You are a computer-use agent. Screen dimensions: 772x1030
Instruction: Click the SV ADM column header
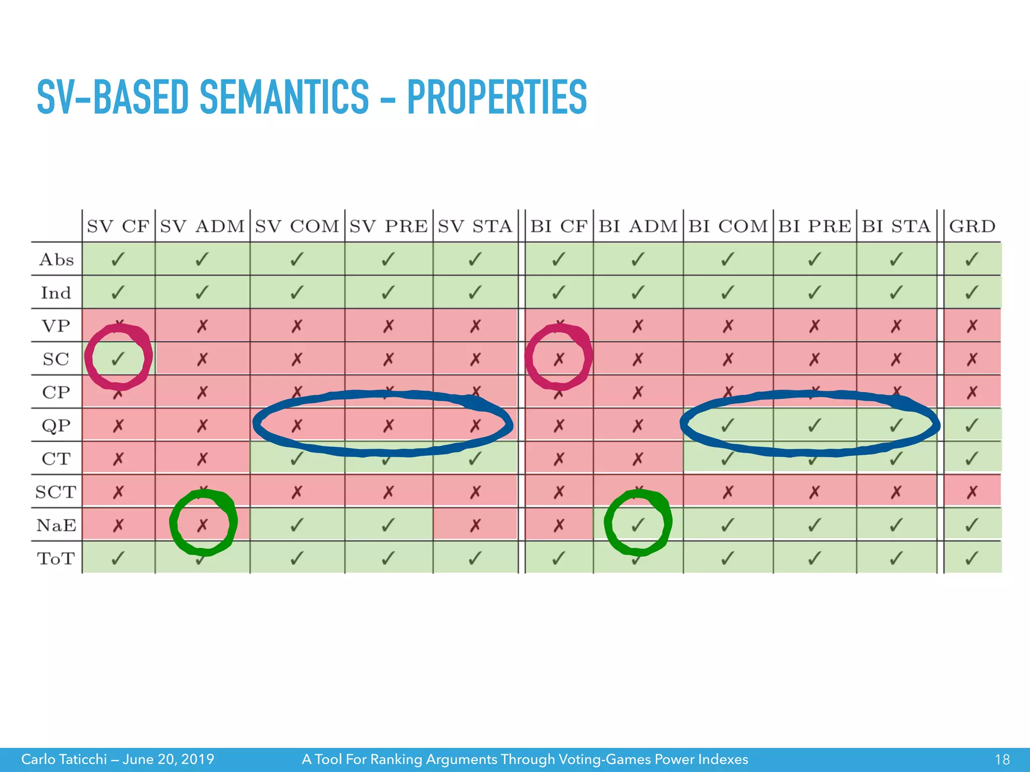click(x=202, y=227)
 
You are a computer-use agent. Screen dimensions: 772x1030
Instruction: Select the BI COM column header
click(x=728, y=227)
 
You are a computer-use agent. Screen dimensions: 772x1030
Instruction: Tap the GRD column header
click(x=972, y=227)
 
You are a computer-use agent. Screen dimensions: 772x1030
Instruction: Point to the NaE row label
click(x=56, y=525)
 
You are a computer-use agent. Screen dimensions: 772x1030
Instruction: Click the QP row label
click(x=56, y=426)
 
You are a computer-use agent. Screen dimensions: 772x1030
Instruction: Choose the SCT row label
click(x=56, y=492)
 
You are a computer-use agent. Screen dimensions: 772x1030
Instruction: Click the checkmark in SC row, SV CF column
click(x=118, y=359)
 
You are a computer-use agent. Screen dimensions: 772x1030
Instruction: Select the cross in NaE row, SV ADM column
click(x=202, y=525)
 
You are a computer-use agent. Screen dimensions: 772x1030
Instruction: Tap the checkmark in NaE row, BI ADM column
click(x=637, y=525)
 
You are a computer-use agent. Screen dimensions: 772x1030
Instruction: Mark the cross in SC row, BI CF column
click(x=559, y=359)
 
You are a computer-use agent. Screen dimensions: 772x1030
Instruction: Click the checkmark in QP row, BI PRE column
click(x=814, y=426)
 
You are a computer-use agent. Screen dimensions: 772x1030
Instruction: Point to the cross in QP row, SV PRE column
click(x=388, y=426)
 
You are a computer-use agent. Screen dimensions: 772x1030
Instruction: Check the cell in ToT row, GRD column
click(x=972, y=558)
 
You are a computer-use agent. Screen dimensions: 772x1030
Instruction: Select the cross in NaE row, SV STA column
click(x=475, y=525)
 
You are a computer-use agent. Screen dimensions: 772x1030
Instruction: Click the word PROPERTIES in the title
click(x=497, y=97)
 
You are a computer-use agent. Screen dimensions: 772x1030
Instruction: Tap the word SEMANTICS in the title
click(x=284, y=97)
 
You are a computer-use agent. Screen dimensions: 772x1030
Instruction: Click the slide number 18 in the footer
click(x=1002, y=759)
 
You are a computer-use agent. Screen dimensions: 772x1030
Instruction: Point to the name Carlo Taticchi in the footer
click(x=64, y=759)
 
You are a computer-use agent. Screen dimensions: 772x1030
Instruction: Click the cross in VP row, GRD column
click(x=972, y=326)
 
